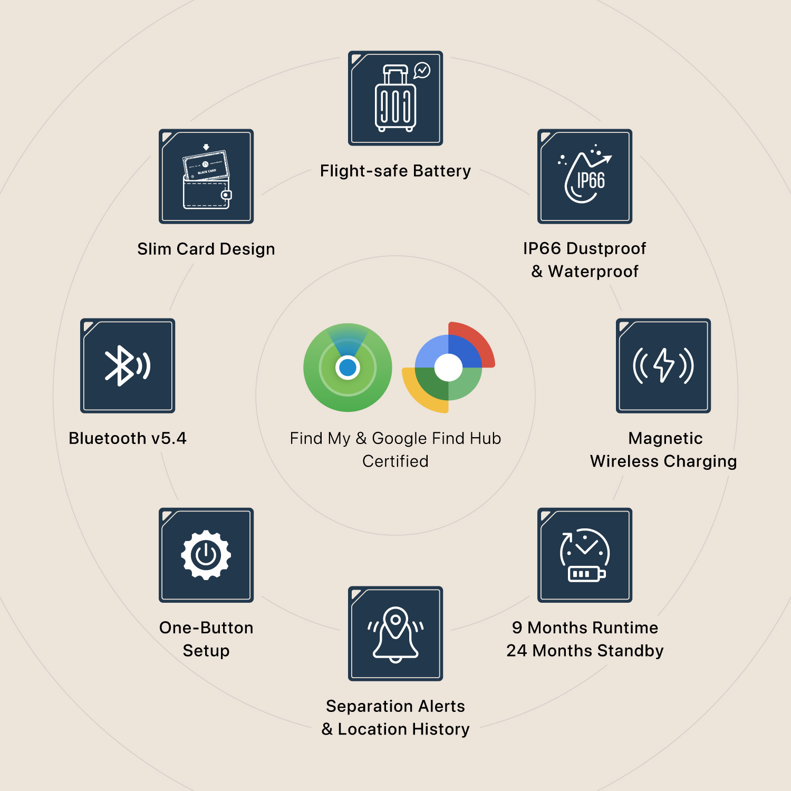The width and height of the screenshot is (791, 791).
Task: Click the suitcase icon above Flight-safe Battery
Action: pos(395,99)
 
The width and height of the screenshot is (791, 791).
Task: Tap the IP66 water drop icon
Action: pos(585,177)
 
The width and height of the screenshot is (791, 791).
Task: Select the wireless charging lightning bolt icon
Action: pos(663,365)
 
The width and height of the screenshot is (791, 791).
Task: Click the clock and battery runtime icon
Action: pos(585,555)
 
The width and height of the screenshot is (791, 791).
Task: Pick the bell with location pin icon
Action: pos(395,633)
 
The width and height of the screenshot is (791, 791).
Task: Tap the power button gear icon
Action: pos(206,555)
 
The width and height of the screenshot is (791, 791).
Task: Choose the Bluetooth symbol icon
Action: pos(128,365)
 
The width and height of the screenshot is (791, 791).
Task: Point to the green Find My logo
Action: pos(348,368)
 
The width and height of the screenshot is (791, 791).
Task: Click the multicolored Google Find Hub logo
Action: pos(448,368)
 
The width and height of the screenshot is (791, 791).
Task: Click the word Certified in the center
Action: pos(395,461)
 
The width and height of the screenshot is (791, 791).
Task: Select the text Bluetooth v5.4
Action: pos(128,438)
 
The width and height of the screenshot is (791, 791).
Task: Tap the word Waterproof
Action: pos(593,272)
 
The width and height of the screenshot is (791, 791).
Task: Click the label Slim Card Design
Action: pos(206,249)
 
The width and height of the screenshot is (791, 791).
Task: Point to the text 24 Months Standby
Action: pos(585,651)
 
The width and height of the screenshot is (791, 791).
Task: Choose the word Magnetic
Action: pos(665,438)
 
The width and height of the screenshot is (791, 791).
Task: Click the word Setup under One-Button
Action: pos(206,651)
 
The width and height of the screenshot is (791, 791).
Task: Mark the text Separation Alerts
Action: pos(395,706)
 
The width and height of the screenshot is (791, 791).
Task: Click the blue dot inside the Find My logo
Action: pos(348,368)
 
